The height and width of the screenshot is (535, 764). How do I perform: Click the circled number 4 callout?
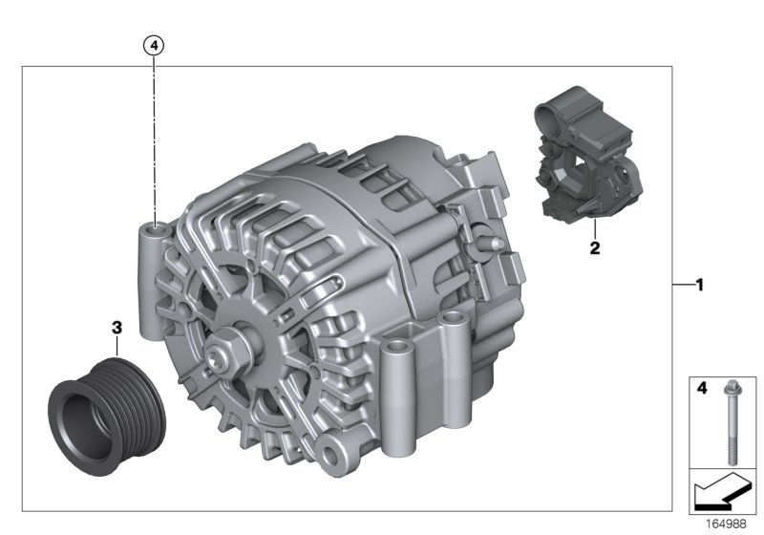click(154, 44)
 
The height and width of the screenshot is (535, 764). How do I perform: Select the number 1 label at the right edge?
click(699, 284)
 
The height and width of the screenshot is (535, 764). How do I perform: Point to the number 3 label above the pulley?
click(117, 328)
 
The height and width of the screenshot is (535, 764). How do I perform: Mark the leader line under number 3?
click(117, 346)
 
